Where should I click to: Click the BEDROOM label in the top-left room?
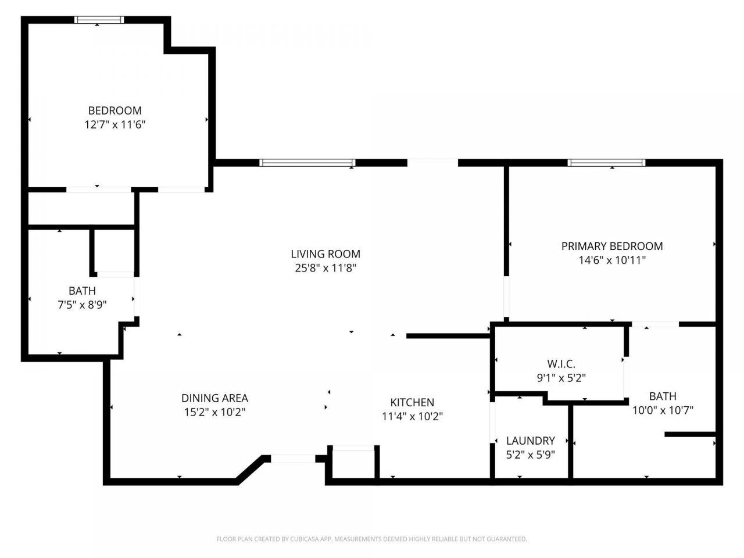point(115,110)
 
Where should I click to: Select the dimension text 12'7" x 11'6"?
point(115,124)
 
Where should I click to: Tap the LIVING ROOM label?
point(325,254)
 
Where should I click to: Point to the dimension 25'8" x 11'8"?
point(325,268)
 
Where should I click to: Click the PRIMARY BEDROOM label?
point(612,246)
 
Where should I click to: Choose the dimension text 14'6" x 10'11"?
point(612,260)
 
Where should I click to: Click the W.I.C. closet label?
point(561,364)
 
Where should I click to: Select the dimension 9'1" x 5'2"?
point(561,378)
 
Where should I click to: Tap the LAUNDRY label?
point(530,441)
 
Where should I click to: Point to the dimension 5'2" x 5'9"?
point(530,455)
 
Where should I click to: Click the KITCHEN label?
point(412,402)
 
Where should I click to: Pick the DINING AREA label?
point(214,398)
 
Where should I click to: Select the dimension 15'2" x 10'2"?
point(214,412)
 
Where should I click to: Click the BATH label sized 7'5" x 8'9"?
point(82,291)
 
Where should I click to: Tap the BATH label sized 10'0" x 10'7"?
point(663,396)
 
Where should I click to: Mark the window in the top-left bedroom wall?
point(99,20)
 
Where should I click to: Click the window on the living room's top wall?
point(307,163)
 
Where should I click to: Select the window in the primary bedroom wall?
point(606,163)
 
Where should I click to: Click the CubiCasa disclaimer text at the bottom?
point(372,539)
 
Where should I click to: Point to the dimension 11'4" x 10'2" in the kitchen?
point(412,416)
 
